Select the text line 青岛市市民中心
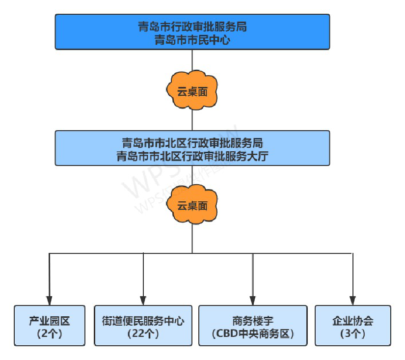click(192, 39)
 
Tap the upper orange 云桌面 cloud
click(192, 91)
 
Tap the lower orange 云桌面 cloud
click(192, 206)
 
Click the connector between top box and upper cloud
click(192, 61)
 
